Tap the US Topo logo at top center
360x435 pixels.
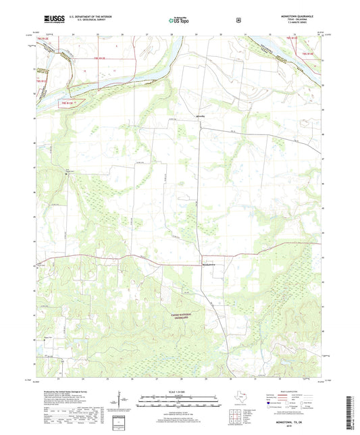[179, 21]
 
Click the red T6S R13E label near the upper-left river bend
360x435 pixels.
[99, 59]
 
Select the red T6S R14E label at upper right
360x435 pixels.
[308, 53]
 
